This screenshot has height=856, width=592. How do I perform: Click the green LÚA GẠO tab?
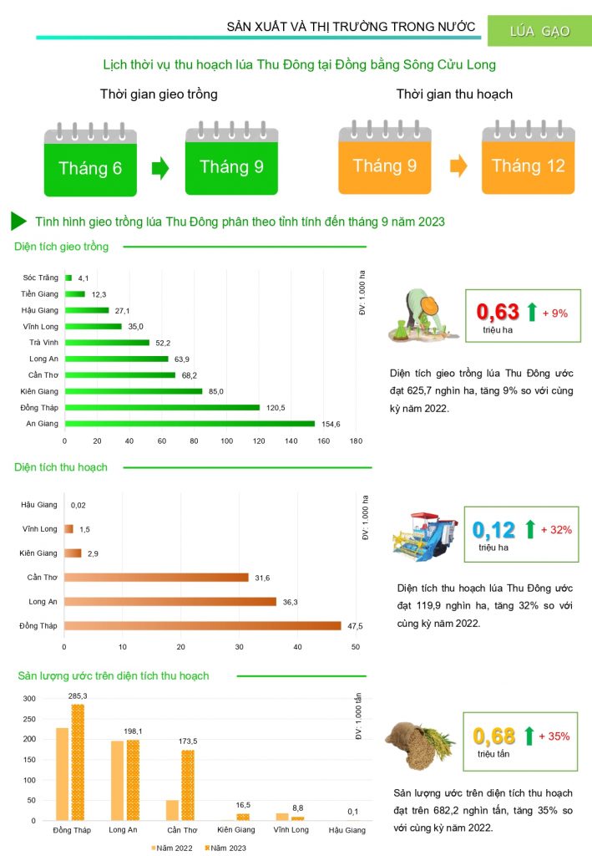pyautogui.click(x=539, y=31)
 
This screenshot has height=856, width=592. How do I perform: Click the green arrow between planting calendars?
pyautogui.click(x=160, y=168)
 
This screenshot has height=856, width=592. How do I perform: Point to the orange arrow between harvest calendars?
pyautogui.click(x=458, y=166)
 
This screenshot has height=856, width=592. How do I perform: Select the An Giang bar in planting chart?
pyautogui.click(x=190, y=424)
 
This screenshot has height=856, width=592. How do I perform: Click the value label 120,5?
pyautogui.click(x=274, y=407)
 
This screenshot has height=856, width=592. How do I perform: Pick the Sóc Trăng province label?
pyautogui.click(x=42, y=277)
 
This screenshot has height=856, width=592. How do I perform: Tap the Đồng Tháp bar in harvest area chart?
pyautogui.click(x=202, y=626)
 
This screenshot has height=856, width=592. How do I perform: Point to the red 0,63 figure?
pyautogui.click(x=498, y=313)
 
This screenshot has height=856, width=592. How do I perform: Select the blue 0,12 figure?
pyautogui.click(x=493, y=530)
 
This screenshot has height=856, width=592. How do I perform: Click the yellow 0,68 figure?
pyautogui.click(x=494, y=736)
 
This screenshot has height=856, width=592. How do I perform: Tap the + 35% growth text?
pyautogui.click(x=554, y=736)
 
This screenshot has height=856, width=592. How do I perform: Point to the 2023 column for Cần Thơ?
pyautogui.click(x=188, y=785)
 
